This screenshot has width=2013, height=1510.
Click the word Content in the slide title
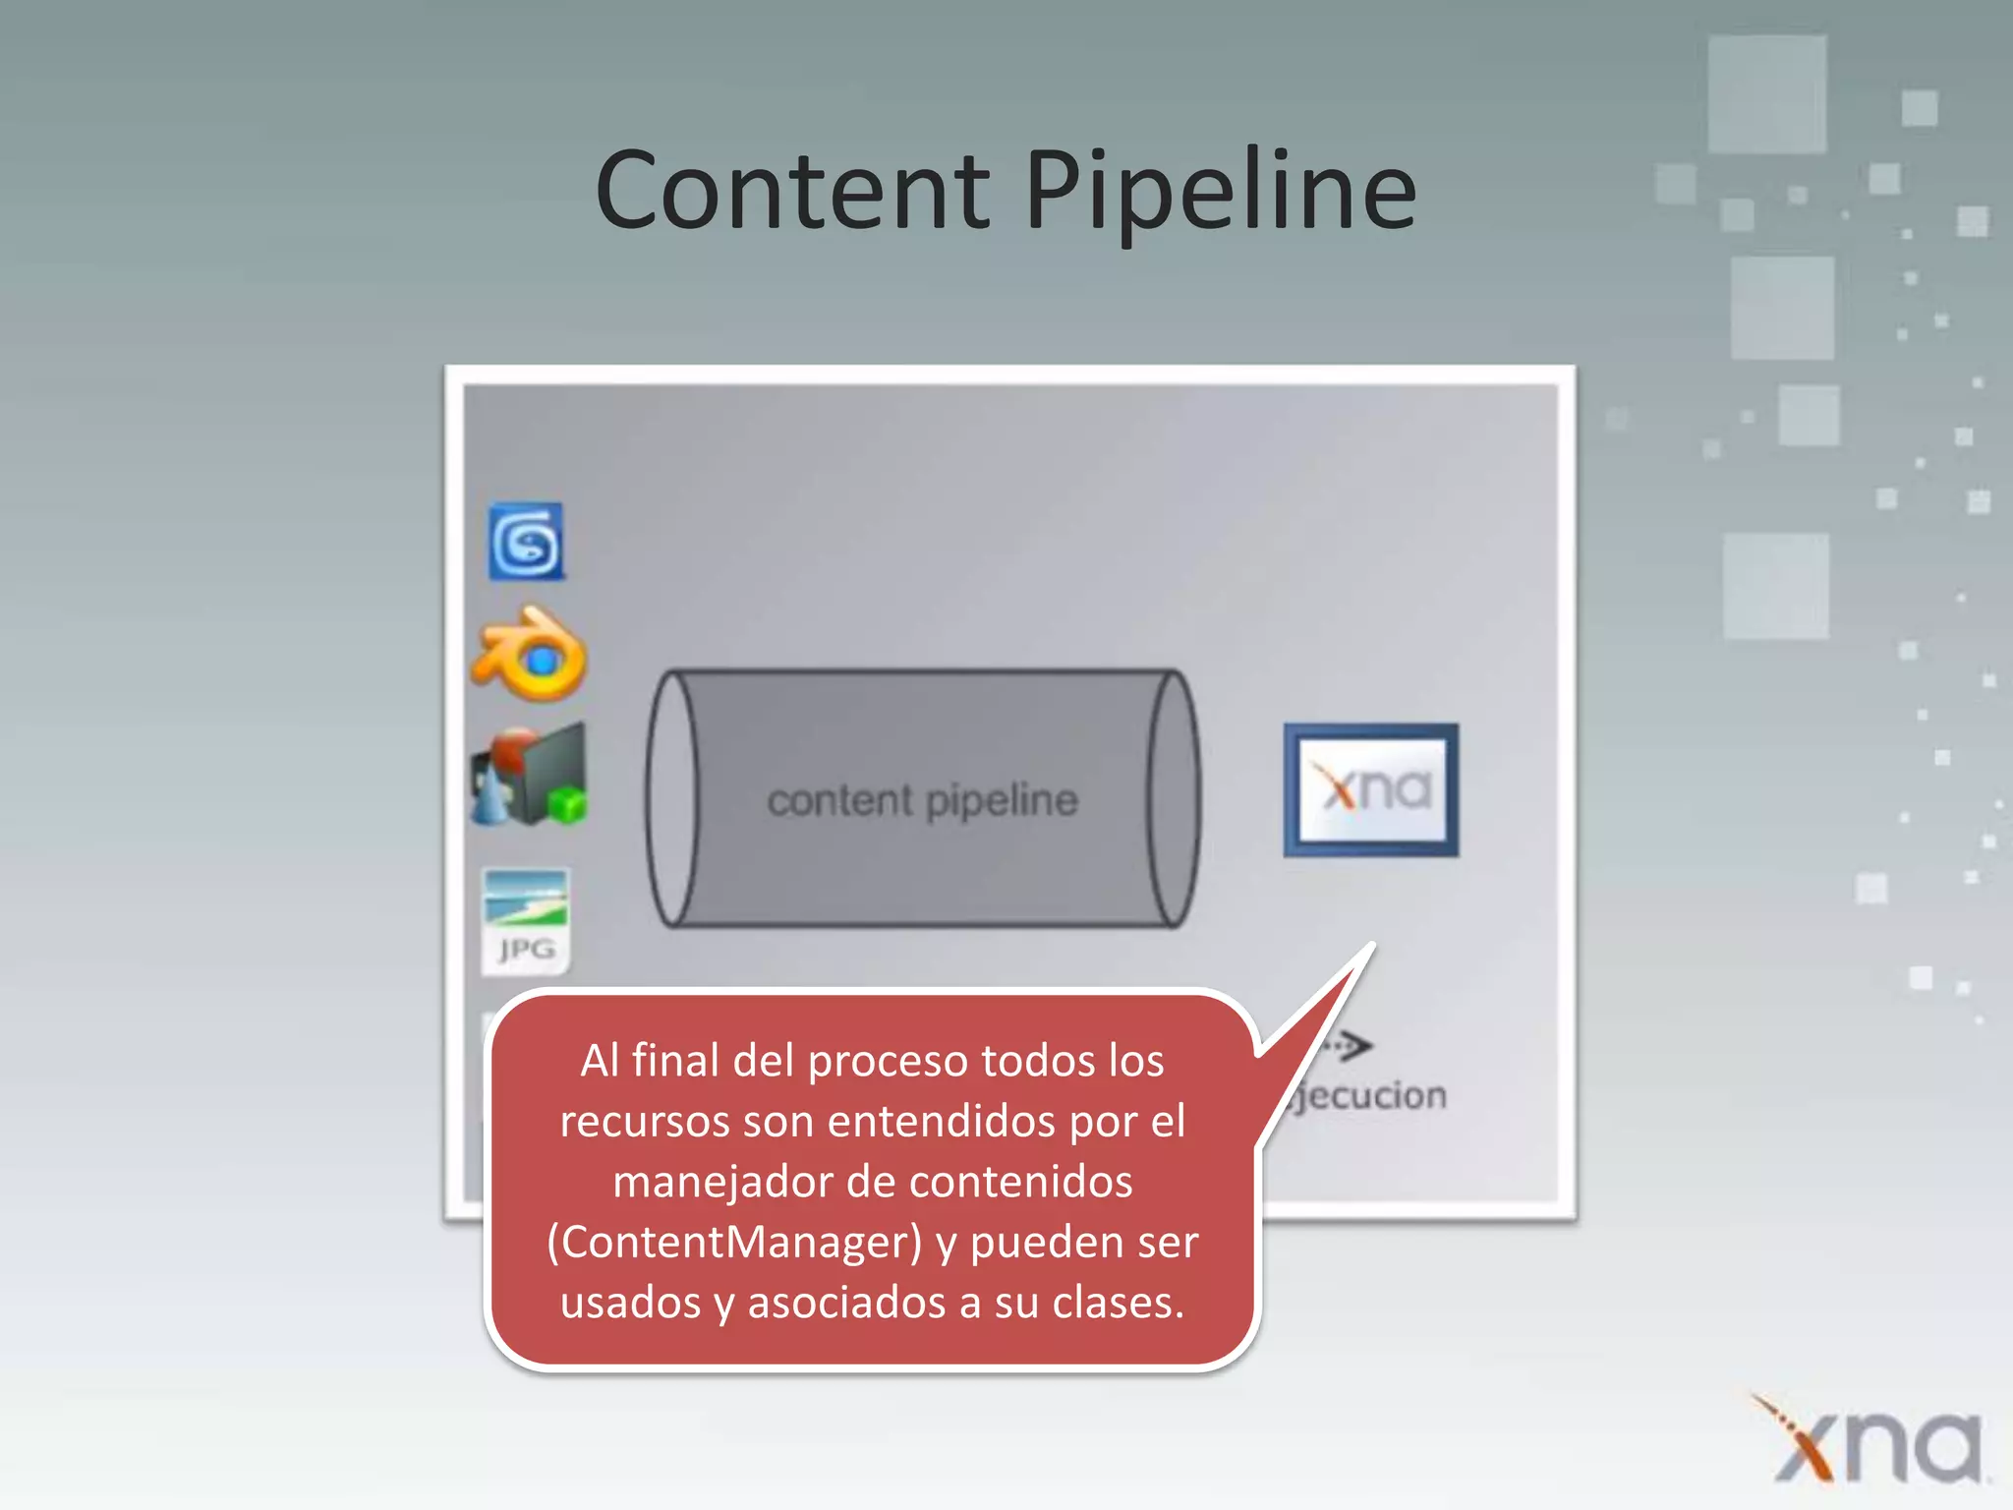792,191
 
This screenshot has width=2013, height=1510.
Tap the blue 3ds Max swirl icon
527,542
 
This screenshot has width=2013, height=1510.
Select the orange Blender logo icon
531,655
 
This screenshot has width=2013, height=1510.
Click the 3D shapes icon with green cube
530,776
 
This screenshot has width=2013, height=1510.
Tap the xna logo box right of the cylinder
1371,790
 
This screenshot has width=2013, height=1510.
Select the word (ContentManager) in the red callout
734,1243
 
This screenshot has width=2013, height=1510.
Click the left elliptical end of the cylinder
672,798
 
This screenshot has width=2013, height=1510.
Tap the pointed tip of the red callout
1371,946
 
